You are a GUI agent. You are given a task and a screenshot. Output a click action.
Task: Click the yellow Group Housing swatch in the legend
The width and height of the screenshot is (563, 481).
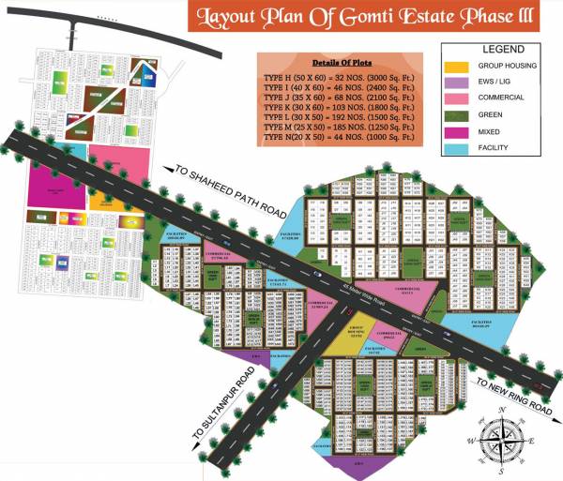click(x=455, y=67)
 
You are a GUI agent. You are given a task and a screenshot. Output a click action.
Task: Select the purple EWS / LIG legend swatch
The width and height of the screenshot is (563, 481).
click(x=455, y=83)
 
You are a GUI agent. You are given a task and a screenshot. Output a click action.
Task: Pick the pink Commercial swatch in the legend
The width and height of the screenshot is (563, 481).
click(x=455, y=98)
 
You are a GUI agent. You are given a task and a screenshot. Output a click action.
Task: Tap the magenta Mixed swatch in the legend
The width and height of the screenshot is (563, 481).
click(x=455, y=132)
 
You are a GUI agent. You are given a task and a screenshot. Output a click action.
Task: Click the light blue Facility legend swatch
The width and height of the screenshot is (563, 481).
click(x=455, y=149)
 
